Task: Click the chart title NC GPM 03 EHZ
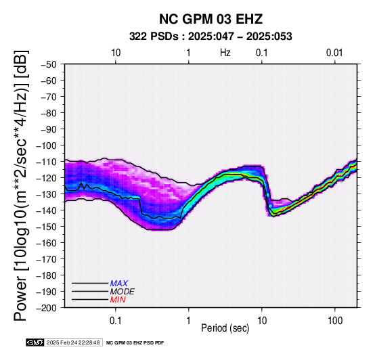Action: pos(211,19)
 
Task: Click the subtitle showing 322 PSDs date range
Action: pos(211,37)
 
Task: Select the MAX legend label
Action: pos(119,284)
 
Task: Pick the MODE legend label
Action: pos(123,292)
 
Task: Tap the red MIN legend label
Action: pos(118,300)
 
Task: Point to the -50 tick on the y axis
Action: pos(49,64)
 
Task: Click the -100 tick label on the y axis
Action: pos(46,145)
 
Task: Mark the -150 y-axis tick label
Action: pos(46,227)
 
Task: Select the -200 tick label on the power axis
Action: pos(46,308)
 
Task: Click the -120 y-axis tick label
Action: pos(46,178)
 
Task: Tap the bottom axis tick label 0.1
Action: pos(116,321)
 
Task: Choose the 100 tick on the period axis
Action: pos(335,321)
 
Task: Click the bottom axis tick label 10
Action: pos(262,321)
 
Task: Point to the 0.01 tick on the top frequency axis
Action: pos(334,53)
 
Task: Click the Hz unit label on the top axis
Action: pos(225,53)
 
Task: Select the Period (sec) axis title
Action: pos(225,328)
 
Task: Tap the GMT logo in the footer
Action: pos(35,342)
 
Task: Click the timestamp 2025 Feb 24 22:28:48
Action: pos(73,342)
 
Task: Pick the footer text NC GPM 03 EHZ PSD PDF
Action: pos(135,343)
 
